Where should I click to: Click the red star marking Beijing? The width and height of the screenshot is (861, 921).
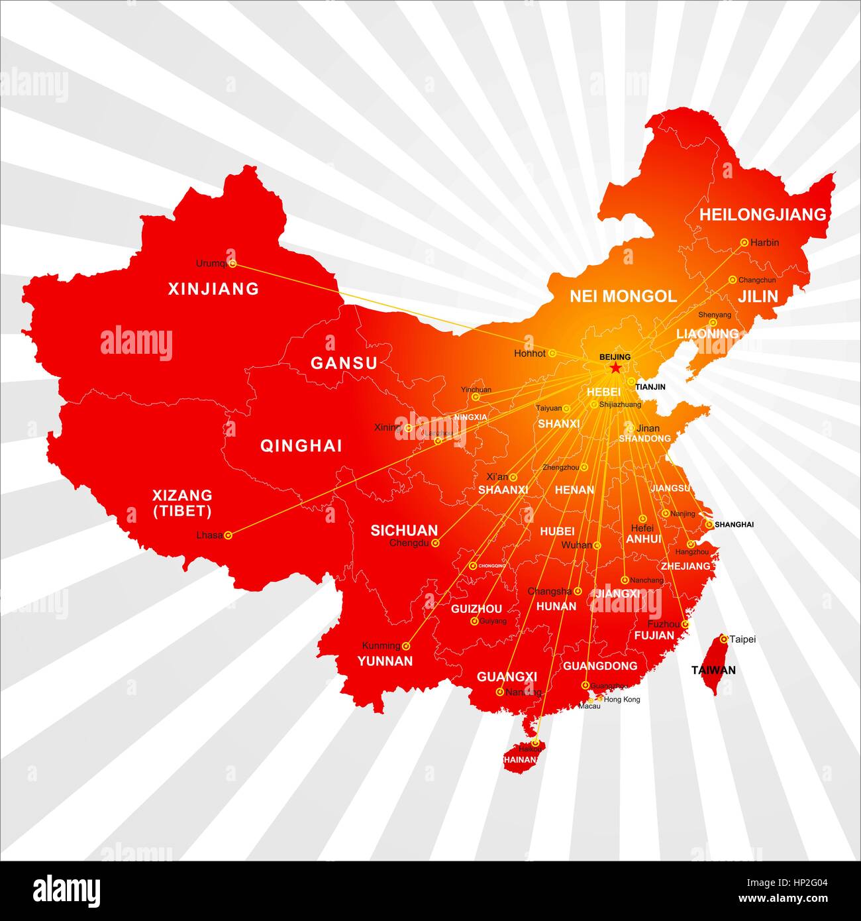pos(615,368)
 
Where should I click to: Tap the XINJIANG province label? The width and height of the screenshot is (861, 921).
pos(213,289)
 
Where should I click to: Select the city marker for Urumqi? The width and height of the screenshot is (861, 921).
pos(232,264)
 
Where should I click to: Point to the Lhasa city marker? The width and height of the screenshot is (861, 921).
pos(228,535)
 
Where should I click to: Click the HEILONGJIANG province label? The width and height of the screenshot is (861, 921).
pos(763,214)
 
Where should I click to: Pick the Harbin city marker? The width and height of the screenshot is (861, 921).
pos(744,243)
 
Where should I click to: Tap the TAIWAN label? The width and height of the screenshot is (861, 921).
pos(713,670)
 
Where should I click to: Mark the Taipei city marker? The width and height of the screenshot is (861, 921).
pos(724,639)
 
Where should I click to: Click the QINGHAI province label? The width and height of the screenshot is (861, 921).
pos(301,445)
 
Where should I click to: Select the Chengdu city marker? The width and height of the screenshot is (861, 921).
pos(435,543)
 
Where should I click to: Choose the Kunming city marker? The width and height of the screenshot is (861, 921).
pos(407,645)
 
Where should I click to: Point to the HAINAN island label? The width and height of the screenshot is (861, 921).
pos(519,759)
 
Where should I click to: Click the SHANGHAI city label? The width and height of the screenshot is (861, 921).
pos(734,525)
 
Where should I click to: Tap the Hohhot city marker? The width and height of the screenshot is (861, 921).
pos(552,354)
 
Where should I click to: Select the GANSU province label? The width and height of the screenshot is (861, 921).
pos(344,363)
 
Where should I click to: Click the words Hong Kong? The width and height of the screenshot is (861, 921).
pos(622,699)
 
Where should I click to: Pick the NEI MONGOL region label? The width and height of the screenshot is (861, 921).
pos(623,296)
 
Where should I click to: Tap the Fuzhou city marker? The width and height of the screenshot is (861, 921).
pos(686,624)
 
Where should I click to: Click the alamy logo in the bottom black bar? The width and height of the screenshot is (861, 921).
pos(66,891)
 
